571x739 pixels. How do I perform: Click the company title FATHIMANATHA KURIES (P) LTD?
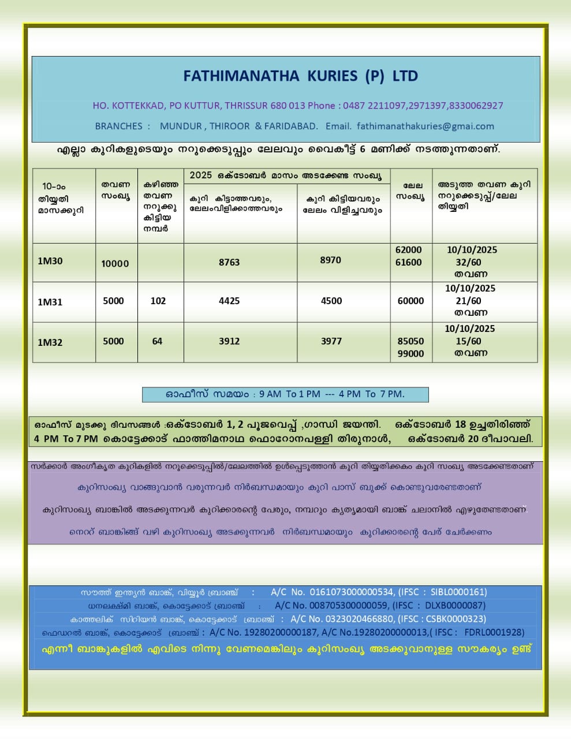pyautogui.click(x=300, y=76)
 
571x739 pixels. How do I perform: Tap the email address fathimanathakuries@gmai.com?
pyautogui.click(x=426, y=126)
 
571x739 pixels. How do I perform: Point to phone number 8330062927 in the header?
pyautogui.click(x=476, y=106)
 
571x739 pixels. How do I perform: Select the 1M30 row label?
pyautogui.click(x=50, y=261)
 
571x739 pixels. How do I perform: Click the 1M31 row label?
pyautogui.click(x=50, y=302)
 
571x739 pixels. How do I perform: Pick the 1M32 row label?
pyautogui.click(x=50, y=342)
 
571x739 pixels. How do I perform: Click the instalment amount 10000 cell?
pyautogui.click(x=115, y=264)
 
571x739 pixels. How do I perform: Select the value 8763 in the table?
pyautogui.click(x=229, y=262)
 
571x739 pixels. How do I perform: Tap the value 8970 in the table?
pyautogui.click(x=330, y=260)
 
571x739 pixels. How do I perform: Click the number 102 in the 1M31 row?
pyautogui.click(x=158, y=301)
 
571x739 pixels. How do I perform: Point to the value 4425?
pyautogui.click(x=229, y=301)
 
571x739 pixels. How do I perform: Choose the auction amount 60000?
pyautogui.click(x=410, y=301)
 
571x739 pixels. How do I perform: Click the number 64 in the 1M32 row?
pyautogui.click(x=157, y=341)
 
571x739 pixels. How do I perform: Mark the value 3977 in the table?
pyautogui.click(x=331, y=341)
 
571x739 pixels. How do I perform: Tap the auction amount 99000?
pyautogui.click(x=410, y=353)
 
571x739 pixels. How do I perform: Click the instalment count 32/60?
pyautogui.click(x=468, y=262)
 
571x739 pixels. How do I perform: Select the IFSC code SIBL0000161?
pyautogui.click(x=458, y=592)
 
